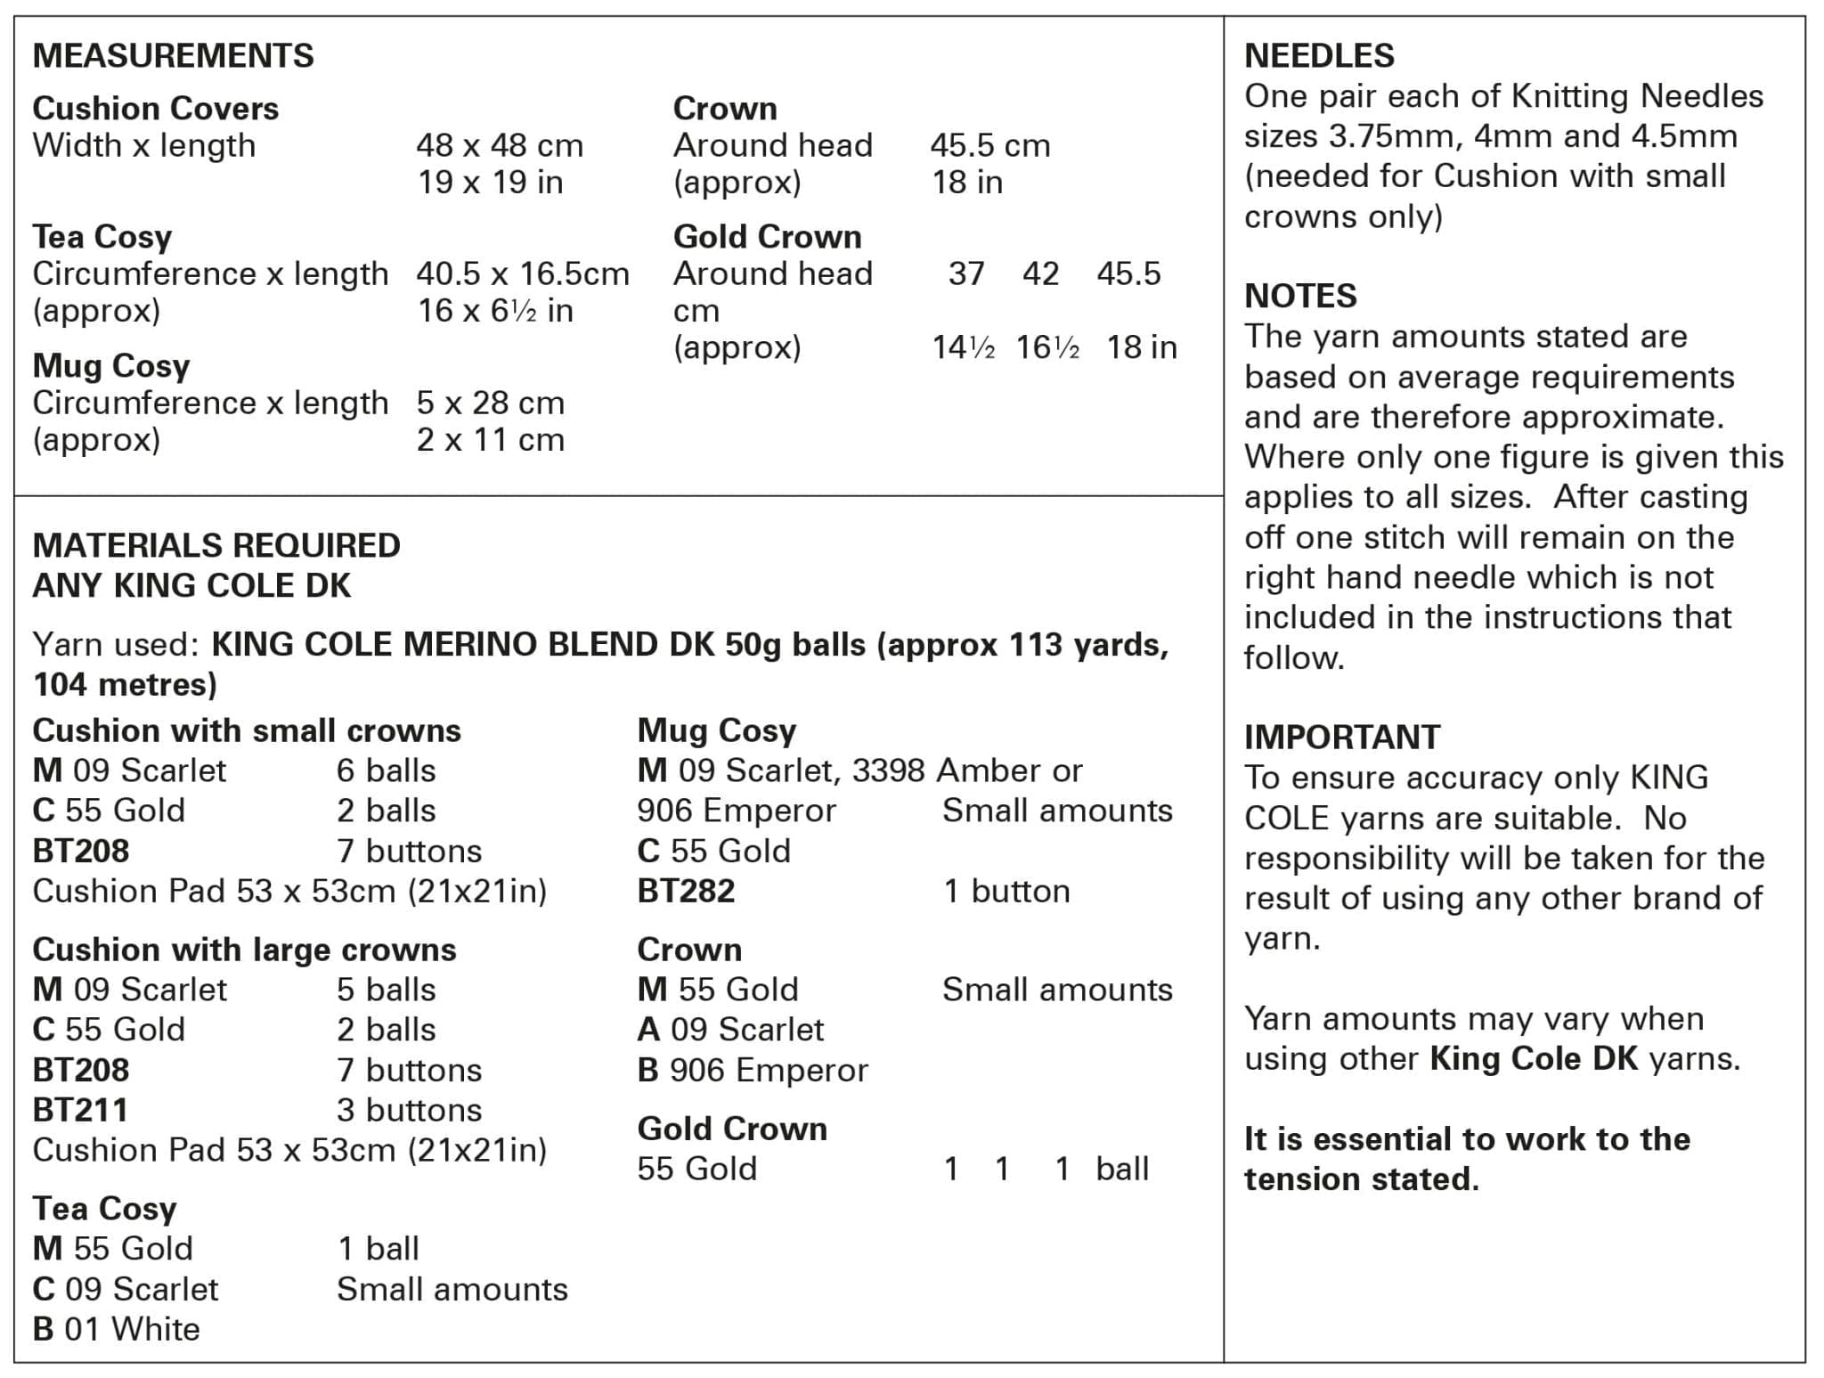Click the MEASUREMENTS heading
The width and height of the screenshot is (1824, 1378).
(173, 55)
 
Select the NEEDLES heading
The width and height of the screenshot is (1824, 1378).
(1318, 55)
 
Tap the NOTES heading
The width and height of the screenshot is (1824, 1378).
(1300, 296)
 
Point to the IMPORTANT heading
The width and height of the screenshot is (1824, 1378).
(1341, 737)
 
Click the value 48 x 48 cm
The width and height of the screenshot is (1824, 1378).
(500, 145)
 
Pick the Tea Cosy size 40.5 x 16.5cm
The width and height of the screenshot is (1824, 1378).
(522, 273)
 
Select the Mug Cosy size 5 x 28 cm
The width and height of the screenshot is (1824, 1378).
(490, 403)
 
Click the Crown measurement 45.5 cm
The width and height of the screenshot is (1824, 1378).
(989, 145)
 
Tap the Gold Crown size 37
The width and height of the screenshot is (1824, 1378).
(965, 273)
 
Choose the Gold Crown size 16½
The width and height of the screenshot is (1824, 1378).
(1047, 347)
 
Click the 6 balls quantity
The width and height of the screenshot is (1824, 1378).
(386, 771)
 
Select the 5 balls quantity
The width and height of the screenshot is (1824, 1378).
(386, 990)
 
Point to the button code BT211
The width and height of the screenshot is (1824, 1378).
(80, 1110)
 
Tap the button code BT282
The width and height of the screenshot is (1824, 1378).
(686, 891)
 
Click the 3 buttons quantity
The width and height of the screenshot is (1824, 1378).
(409, 1110)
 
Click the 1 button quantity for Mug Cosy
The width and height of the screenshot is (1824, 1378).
(1006, 891)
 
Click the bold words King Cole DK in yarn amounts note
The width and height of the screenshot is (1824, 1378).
(1534, 1058)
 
